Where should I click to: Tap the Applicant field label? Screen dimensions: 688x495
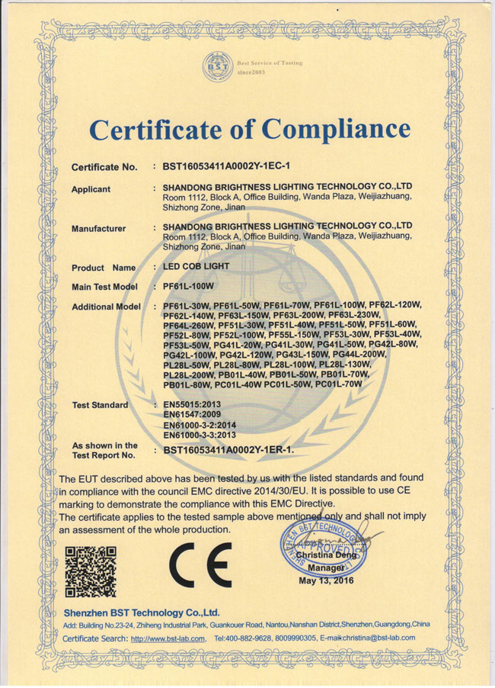91,189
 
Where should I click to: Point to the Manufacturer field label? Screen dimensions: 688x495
98,229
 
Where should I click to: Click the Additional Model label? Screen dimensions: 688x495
106,307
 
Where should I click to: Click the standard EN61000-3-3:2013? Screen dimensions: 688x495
202,435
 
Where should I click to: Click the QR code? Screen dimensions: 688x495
90,570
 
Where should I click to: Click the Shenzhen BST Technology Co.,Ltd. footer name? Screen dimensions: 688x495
141,612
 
